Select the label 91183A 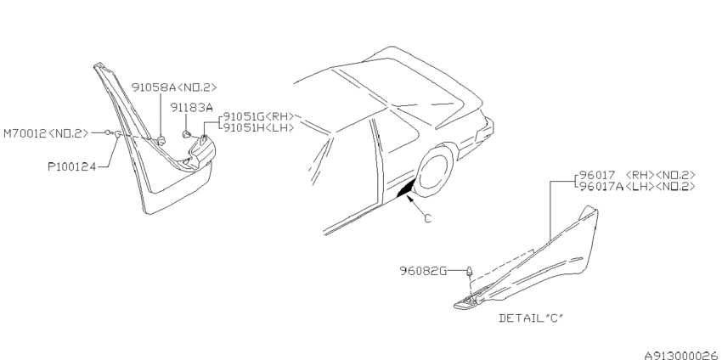tap(192, 108)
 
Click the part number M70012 tap(25, 133)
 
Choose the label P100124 tap(72, 166)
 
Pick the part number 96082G tap(423, 271)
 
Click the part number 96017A tap(601, 186)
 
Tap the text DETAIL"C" tap(531, 318)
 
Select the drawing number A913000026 tap(682, 355)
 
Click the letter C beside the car tap(428, 218)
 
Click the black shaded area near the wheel tap(406, 188)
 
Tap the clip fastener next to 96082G tap(469, 272)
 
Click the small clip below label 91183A tap(187, 134)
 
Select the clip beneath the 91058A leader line tap(161, 141)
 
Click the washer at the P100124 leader tap(117, 134)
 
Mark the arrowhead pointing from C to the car tap(409, 199)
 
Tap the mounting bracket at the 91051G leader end tap(201, 150)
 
